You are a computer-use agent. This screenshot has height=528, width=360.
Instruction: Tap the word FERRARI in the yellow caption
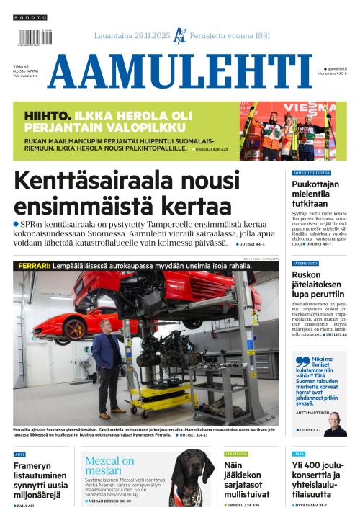click(32, 266)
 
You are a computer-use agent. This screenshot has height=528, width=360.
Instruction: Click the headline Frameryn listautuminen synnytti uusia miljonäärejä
click(42, 480)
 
